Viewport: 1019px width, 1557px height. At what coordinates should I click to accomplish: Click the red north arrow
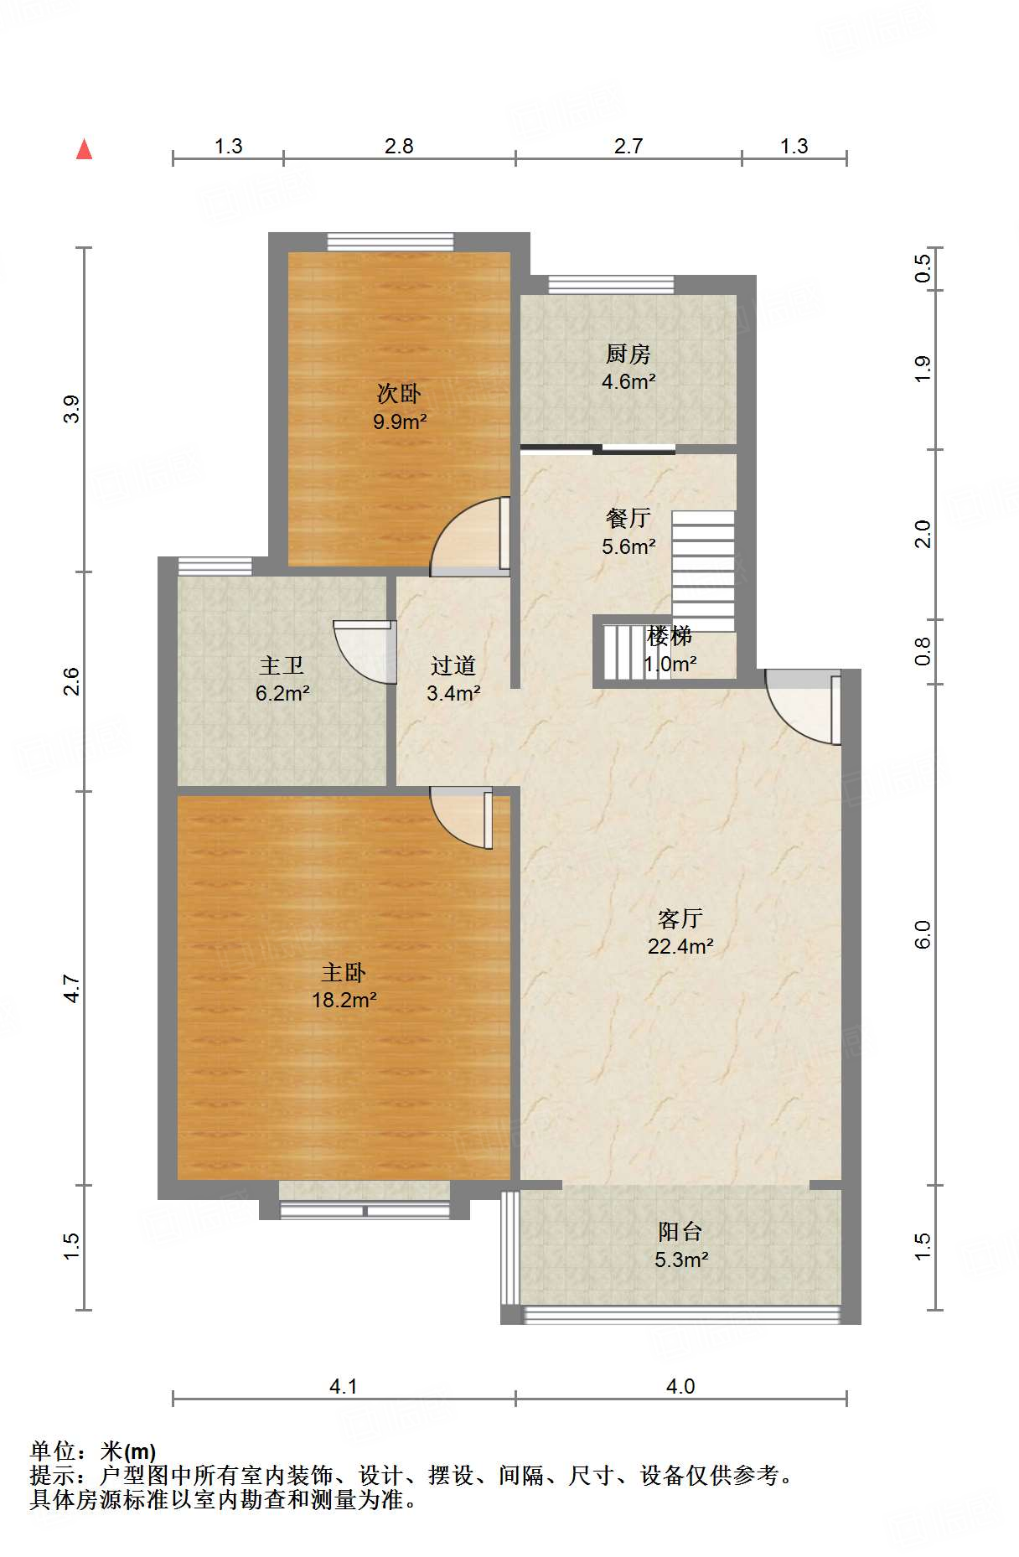pyautogui.click(x=84, y=149)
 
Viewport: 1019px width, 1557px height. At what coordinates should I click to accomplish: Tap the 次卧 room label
pyautogui.click(x=399, y=393)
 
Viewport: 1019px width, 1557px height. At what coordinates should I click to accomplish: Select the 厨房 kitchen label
pyautogui.click(x=628, y=354)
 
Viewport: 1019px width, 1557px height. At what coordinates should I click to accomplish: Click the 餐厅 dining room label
pyautogui.click(x=628, y=518)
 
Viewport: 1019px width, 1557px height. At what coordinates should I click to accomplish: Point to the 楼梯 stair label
pyautogui.click(x=670, y=636)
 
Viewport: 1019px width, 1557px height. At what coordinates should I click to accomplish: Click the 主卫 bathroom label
pyautogui.click(x=282, y=665)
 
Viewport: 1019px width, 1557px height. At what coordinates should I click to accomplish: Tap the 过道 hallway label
pyautogui.click(x=453, y=665)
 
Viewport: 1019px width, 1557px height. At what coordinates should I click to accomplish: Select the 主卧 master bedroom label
pyautogui.click(x=344, y=972)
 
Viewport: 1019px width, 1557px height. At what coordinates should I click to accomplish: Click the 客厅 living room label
pyautogui.click(x=680, y=918)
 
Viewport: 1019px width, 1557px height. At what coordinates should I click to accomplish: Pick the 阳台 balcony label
pyautogui.click(x=680, y=1231)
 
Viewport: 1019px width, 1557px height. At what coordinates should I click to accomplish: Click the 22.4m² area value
pyautogui.click(x=680, y=946)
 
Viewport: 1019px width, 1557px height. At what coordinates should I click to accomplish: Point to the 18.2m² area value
pyautogui.click(x=344, y=999)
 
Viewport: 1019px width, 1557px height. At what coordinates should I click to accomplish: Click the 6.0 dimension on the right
pyautogui.click(x=922, y=934)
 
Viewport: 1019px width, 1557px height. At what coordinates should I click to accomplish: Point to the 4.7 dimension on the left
pyautogui.click(x=72, y=988)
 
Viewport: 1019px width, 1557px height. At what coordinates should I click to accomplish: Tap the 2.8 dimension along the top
pyautogui.click(x=399, y=146)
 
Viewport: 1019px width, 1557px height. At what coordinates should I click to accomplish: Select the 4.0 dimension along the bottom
pyautogui.click(x=680, y=1386)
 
